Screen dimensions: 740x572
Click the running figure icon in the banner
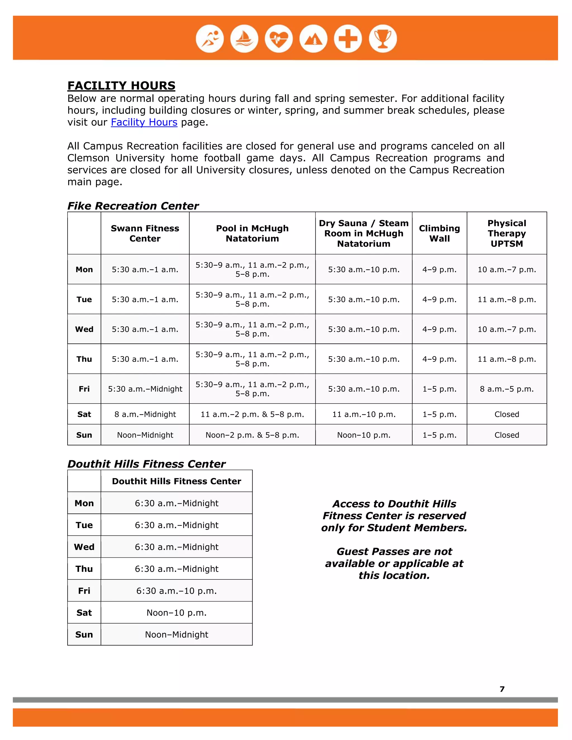[210, 39]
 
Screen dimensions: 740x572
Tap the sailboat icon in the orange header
[244, 39]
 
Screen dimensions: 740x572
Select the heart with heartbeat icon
[279, 39]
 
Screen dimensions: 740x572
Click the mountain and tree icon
[313, 39]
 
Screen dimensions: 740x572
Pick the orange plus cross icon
[348, 39]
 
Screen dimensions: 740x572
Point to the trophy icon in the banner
[383, 39]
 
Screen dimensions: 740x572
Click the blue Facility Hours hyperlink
[144, 122]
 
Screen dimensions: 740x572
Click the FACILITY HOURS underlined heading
[121, 85]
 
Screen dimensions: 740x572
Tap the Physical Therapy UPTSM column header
[507, 233]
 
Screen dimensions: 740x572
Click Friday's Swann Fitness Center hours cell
[145, 389]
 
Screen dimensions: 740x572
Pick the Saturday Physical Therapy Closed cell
[507, 414]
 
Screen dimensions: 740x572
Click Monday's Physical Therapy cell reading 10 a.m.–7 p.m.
[507, 269]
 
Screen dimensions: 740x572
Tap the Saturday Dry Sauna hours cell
[364, 414]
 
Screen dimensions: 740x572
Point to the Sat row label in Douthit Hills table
[84, 613]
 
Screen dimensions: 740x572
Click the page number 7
[502, 689]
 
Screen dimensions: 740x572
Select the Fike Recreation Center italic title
[133, 206]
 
